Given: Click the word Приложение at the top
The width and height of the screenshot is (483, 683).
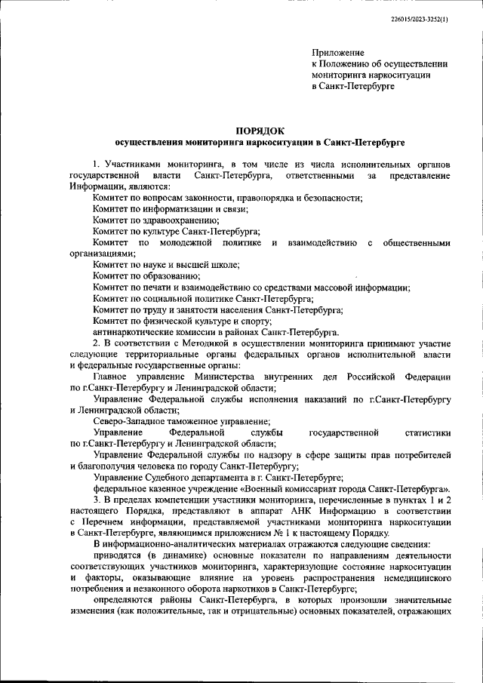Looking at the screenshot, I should tap(338, 53).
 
